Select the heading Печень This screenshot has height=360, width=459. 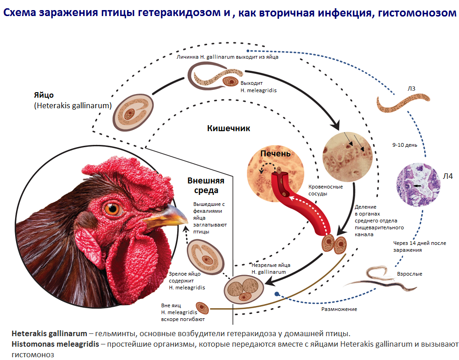(x=275, y=153)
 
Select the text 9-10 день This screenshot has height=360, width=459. (x=405, y=145)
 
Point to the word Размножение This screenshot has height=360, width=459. (x=339, y=309)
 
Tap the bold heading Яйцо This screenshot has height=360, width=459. (x=44, y=95)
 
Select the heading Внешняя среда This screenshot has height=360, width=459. (x=202, y=185)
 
